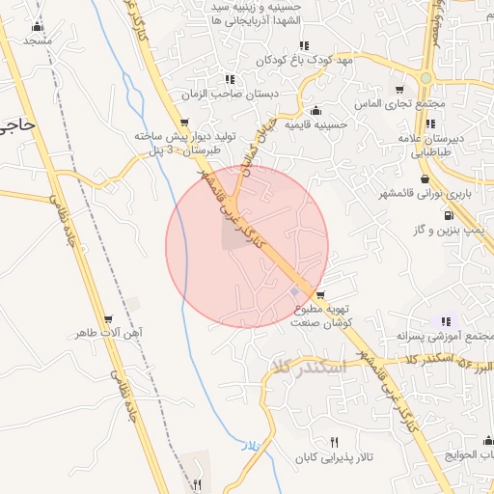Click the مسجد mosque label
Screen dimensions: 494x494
coord(38,41)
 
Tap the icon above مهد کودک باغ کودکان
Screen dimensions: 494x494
coord(304,45)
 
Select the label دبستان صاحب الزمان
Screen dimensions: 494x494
coord(232,95)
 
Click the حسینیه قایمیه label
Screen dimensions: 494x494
coord(316,124)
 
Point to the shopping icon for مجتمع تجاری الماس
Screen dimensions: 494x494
coord(398,90)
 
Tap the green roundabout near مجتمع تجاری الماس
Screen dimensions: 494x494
coord(425,77)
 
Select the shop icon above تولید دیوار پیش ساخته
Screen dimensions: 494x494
coord(184,123)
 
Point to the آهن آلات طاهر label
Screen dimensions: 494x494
coord(108,333)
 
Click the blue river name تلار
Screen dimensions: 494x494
coord(251,446)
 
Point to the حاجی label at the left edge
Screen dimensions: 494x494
coord(17,124)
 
